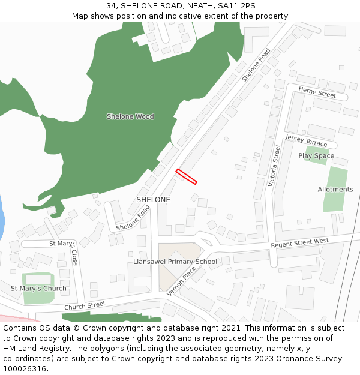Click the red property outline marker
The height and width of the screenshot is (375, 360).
(186, 176)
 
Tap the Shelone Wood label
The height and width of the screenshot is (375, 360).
(130, 116)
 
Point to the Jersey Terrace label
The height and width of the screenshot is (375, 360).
(307, 141)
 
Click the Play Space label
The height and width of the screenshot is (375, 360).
(316, 156)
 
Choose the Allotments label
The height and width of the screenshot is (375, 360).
(335, 190)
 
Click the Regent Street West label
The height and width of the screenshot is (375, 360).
(300, 243)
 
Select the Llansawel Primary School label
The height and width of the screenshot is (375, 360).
(175, 262)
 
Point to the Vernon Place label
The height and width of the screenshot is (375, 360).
(182, 281)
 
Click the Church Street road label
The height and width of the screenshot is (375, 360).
(85, 305)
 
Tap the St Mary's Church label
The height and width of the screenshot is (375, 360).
(38, 289)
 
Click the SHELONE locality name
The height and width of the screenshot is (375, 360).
(153, 200)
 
